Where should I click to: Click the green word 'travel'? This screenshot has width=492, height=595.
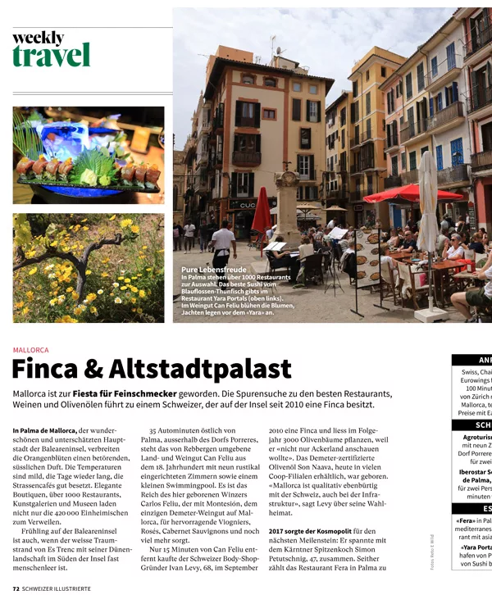click(51, 55)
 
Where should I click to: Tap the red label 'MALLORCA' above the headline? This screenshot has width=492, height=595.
click(30, 350)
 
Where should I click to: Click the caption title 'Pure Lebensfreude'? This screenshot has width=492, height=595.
click(212, 269)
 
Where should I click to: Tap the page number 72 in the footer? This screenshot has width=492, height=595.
click(16, 588)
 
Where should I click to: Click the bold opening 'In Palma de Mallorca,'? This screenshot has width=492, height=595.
click(44, 430)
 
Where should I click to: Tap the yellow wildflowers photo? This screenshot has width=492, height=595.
click(88, 268)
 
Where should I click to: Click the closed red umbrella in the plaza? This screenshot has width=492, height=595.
click(262, 211)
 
